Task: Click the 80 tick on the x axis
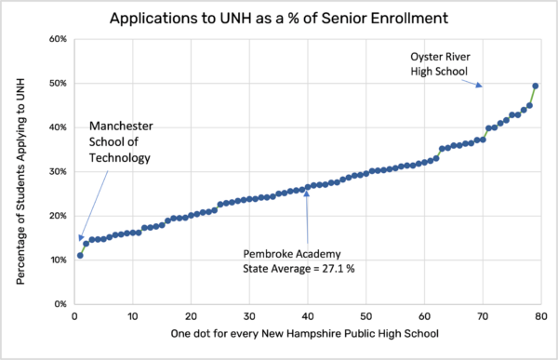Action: [x=540, y=316]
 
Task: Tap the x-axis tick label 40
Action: [x=307, y=316]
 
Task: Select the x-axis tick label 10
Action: [x=132, y=316]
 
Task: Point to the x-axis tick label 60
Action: [x=424, y=316]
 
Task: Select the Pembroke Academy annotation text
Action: [x=286, y=252]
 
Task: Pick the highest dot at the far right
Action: [x=535, y=87]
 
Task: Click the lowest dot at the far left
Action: [x=80, y=255]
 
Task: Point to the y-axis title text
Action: [x=21, y=172]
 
